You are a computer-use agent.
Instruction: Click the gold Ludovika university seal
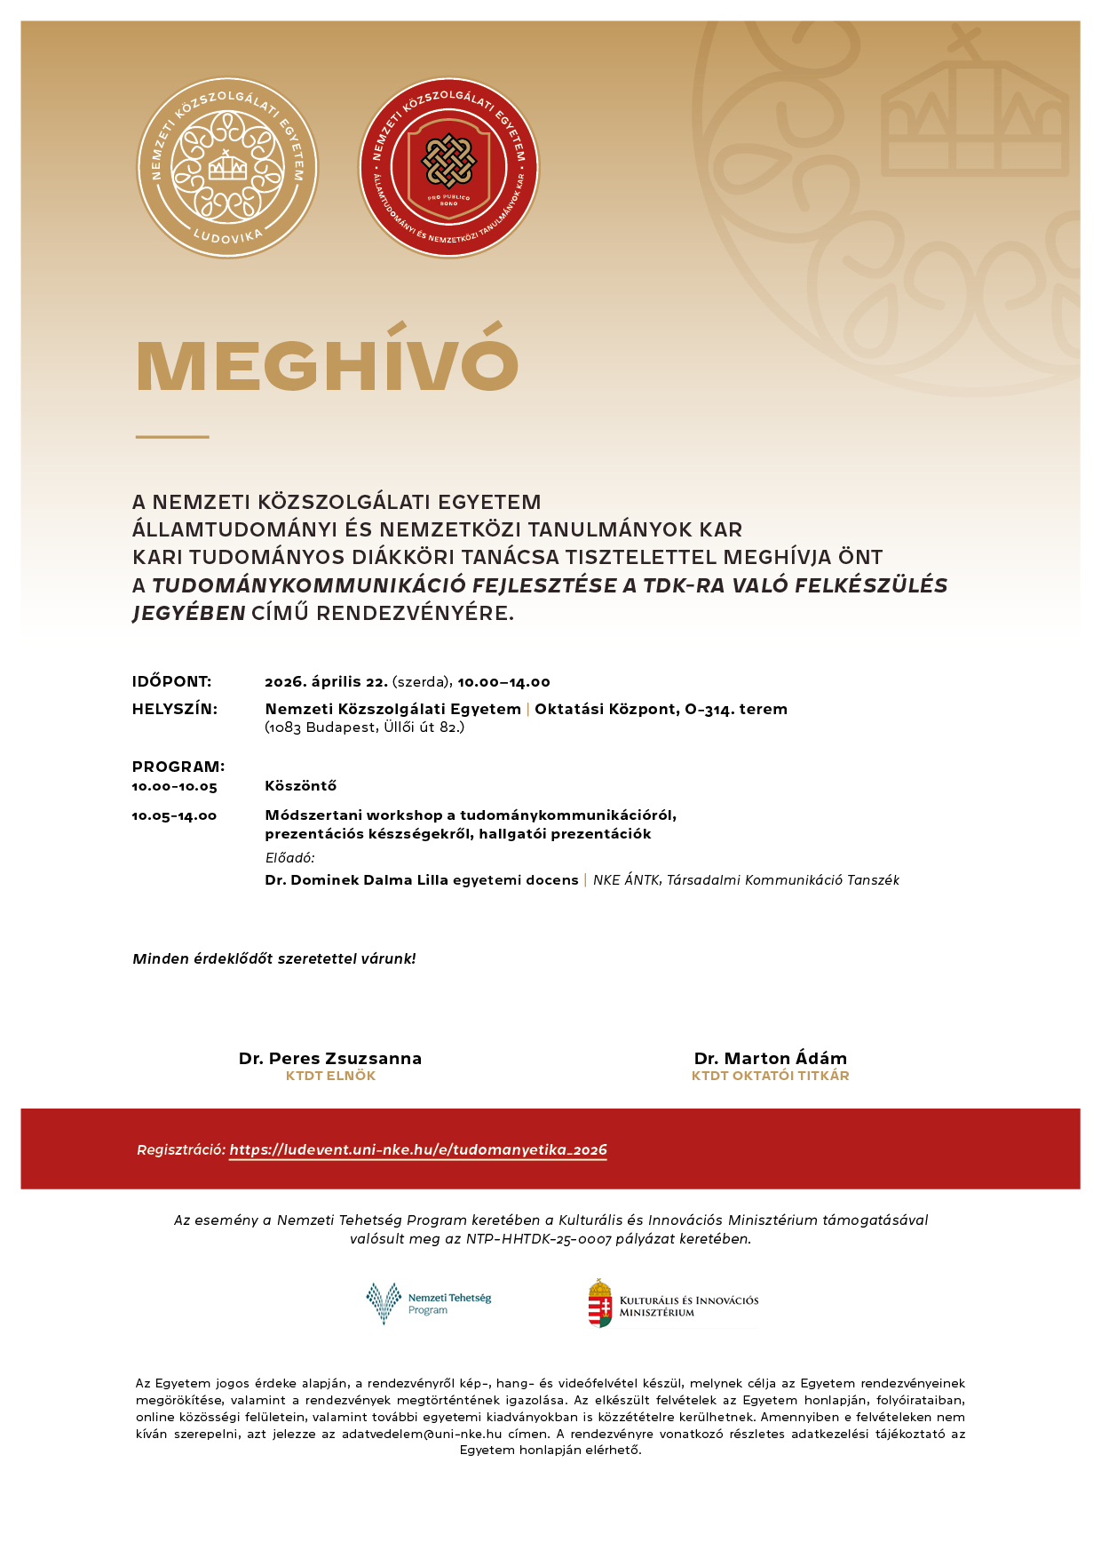point(227,168)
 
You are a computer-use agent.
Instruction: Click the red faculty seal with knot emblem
point(448,168)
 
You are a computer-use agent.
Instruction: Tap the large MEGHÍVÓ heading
point(327,365)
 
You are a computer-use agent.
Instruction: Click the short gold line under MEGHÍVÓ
point(172,437)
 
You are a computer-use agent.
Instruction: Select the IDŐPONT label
point(172,682)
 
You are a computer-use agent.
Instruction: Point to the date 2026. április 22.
point(326,682)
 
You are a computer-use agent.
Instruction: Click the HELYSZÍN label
point(175,709)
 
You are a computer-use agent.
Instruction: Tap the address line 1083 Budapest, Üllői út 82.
point(365,727)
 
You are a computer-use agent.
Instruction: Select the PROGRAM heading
point(178,767)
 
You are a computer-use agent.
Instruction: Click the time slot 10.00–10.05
point(175,787)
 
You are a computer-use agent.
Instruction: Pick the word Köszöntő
point(301,786)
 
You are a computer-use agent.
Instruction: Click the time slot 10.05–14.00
point(175,816)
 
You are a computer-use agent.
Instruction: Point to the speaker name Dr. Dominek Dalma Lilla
point(357,880)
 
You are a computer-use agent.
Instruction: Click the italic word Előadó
point(289,858)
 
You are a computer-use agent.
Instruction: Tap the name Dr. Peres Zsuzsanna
point(330,1059)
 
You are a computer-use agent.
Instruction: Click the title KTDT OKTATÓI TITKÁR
point(771,1076)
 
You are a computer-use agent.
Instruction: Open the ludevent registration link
point(418,1150)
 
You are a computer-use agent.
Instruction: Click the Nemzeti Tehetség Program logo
point(429,1303)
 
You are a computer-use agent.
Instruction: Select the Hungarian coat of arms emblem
point(601,1303)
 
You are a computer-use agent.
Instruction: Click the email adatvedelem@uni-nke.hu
point(422,1434)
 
